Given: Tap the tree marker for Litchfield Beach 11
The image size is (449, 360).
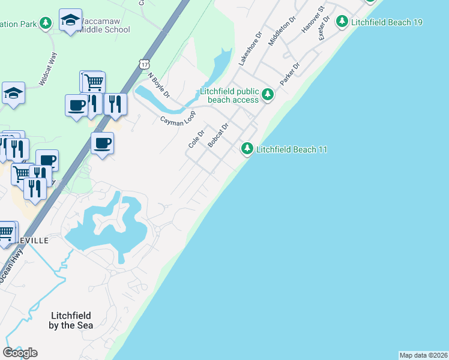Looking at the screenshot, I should pos(247,148).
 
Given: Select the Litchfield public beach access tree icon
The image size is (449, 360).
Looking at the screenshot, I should pos(268,94).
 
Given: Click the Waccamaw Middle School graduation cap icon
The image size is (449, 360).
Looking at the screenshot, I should pos(71,20).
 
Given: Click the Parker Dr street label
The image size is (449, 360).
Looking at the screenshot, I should pos(289,73).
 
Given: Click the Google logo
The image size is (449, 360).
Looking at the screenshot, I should pos(20,352).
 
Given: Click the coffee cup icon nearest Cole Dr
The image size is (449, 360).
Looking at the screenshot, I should pos(102,143).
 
